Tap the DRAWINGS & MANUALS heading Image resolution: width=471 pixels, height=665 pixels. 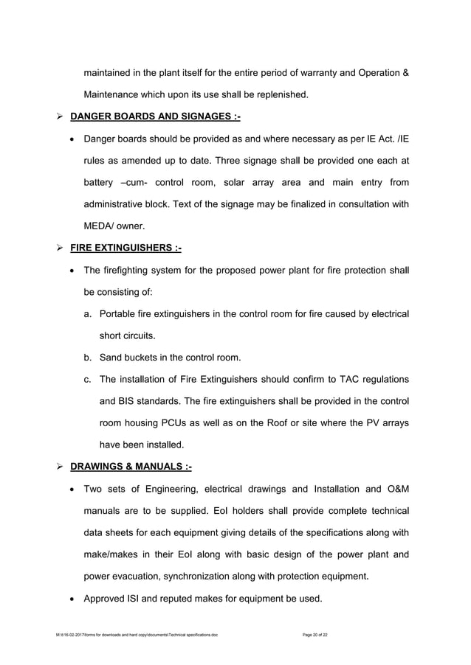coord(131,466)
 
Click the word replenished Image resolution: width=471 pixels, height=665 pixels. coord(281,95)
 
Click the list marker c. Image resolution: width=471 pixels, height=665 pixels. coord(88,379)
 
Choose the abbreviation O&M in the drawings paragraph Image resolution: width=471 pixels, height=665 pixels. coord(394,488)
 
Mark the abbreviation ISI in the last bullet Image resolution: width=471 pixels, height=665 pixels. coord(138,598)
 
